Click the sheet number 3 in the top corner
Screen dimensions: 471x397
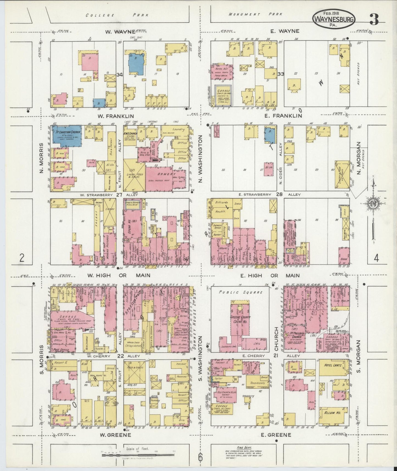tap(374, 19)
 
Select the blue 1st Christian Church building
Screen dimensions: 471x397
tap(67, 137)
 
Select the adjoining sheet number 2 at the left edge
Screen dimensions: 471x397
tap(22, 258)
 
